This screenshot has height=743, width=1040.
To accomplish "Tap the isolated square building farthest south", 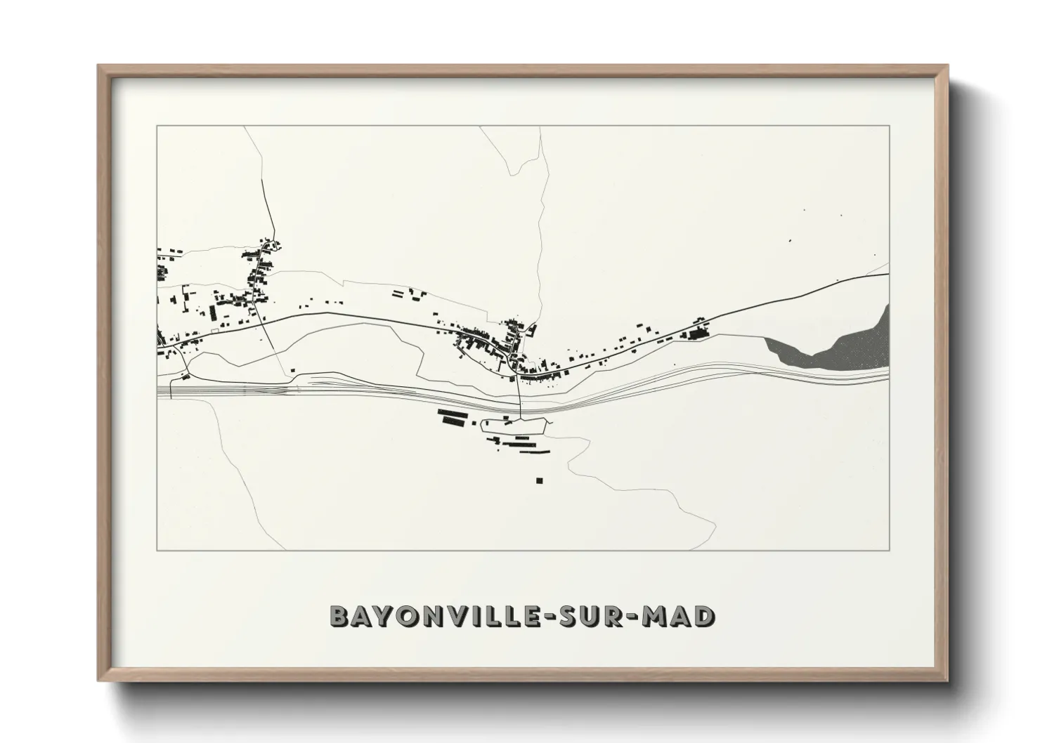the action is pos(539,481).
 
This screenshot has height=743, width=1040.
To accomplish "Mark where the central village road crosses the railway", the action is pos(519,404).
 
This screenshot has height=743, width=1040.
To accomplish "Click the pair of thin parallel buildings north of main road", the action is pos(399,294).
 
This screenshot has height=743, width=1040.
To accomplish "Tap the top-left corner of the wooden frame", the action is pos(99,66).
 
